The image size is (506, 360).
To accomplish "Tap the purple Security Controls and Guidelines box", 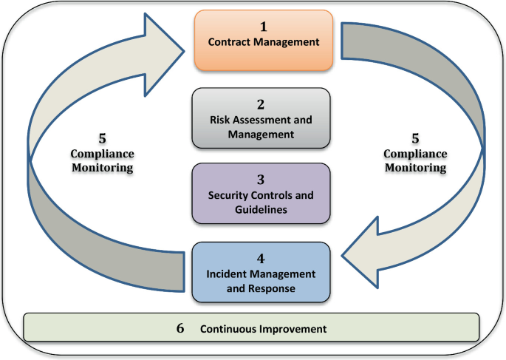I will pos(261,194).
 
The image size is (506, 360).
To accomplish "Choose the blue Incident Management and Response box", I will pos(261,271).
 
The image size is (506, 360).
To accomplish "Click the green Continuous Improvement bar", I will pos(252,327).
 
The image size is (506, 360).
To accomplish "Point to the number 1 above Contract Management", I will pos(263,27).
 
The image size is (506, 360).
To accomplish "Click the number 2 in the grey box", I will pos(261,104).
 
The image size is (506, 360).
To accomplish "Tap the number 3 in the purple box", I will pos(261,180).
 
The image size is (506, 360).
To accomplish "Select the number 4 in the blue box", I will pos(261,259).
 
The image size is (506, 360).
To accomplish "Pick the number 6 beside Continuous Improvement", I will pos(180,327).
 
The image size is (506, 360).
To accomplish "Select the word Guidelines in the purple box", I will pos(261,209).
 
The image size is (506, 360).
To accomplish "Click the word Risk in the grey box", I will pos(221,120).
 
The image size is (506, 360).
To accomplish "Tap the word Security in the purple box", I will pos(229,195).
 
